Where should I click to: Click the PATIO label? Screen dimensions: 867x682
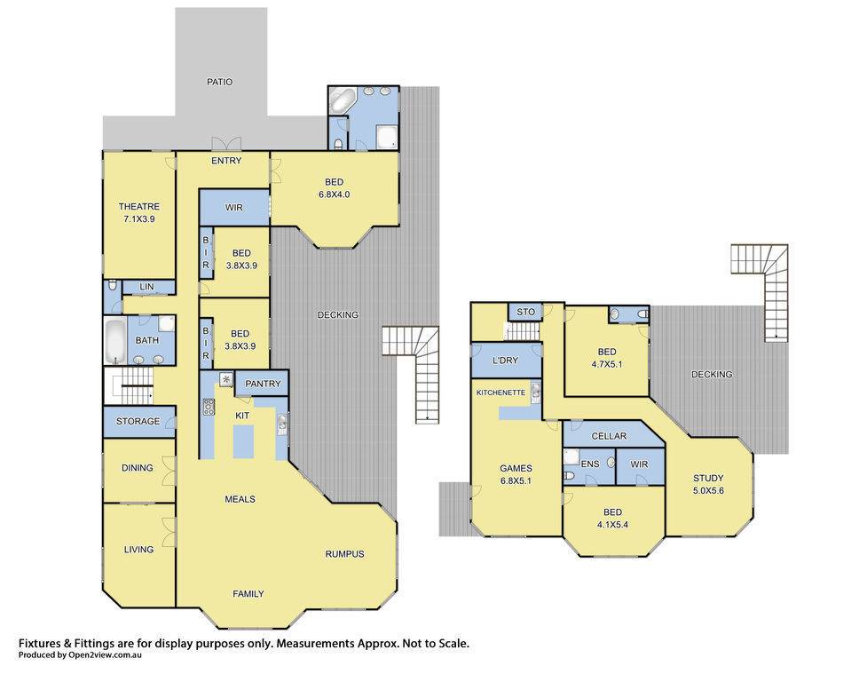tap(219, 82)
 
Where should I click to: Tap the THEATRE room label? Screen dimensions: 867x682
tap(138, 206)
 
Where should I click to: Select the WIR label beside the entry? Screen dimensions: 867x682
tap(234, 208)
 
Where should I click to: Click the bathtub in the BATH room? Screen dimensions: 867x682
tap(115, 341)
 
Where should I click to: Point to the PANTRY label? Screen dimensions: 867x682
tap(263, 384)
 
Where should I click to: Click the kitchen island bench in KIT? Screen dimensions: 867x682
tap(243, 441)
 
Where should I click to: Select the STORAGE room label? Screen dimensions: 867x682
tap(138, 421)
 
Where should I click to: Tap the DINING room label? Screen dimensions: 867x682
tap(138, 467)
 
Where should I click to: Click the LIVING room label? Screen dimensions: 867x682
tap(138, 550)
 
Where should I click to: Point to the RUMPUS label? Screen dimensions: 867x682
tap(344, 553)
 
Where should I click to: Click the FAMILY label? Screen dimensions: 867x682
tap(248, 593)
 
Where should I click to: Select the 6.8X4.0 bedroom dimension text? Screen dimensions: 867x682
tap(334, 194)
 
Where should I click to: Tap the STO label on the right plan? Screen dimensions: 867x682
tap(526, 312)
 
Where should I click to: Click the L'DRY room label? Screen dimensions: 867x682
tap(505, 360)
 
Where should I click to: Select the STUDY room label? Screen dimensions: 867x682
tap(708, 478)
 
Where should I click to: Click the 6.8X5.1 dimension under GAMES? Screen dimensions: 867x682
tap(516, 480)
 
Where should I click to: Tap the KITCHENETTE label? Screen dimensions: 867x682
tap(500, 393)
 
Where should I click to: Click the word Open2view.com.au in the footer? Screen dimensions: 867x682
tap(105, 655)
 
